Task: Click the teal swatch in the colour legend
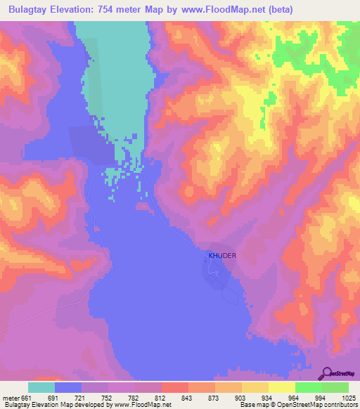[x=41, y=388]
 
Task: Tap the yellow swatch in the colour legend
[x=282, y=388]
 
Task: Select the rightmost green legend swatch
[x=335, y=388]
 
